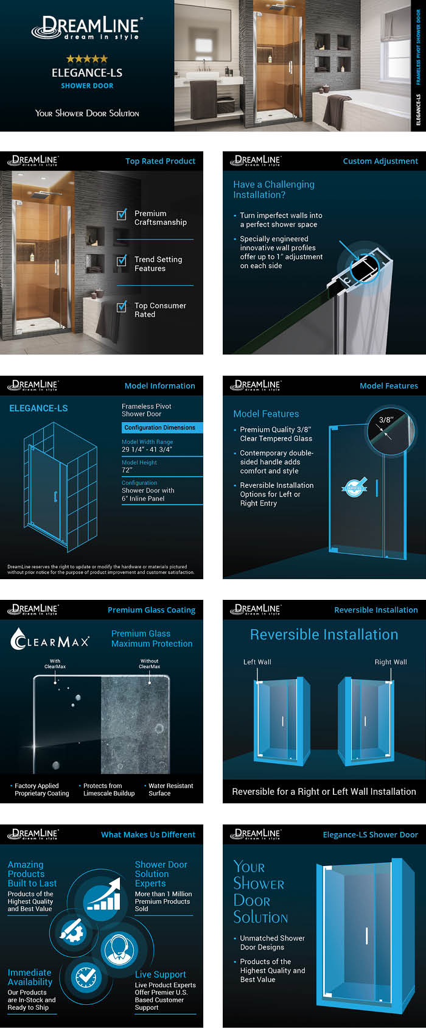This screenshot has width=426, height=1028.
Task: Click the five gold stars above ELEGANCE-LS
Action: point(87,59)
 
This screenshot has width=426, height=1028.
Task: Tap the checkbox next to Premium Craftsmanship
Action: point(122,214)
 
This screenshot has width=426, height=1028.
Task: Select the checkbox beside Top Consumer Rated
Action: point(122,306)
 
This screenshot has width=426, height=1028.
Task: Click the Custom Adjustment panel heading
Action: point(380,161)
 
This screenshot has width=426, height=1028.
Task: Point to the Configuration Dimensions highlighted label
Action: point(159,428)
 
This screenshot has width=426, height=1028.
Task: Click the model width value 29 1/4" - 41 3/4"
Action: point(147,449)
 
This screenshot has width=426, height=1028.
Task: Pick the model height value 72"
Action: point(127,470)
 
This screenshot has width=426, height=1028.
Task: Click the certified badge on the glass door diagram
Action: point(354,487)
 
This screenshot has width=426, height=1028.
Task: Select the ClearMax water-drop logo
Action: point(19,639)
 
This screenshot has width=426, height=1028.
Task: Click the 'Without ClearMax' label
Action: point(149,663)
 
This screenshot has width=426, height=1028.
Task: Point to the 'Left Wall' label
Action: point(257,662)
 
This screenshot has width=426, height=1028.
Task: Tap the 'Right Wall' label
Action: point(391,662)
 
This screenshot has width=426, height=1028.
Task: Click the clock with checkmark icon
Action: point(86,977)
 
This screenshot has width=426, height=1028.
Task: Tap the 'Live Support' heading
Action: point(160,974)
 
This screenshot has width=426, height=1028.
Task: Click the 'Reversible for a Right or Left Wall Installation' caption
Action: point(324,792)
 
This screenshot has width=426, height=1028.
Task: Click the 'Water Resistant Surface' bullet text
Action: point(170,789)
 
